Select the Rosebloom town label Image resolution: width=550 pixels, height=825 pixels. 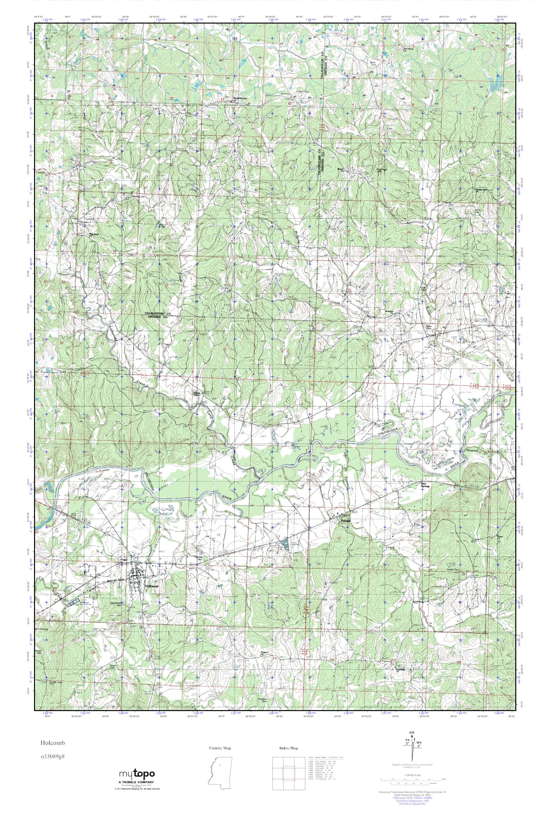pos(241,99)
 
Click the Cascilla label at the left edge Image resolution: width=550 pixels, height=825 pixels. pos(41,173)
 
